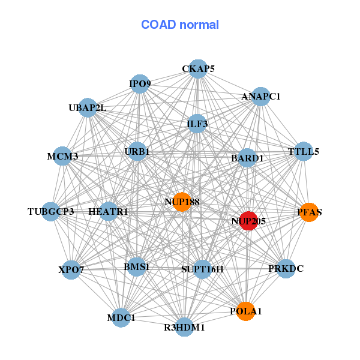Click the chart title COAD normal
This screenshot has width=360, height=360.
pos(180,25)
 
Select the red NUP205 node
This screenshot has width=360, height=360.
pos(248,220)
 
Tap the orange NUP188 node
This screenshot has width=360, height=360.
pos(182,202)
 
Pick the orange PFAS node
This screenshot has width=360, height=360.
pos(309,212)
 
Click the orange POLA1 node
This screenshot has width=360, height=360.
pos(245,311)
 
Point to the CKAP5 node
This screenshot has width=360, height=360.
pos(199,68)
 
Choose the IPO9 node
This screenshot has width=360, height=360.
pos(140,83)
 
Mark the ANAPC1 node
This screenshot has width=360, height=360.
pos(260,96)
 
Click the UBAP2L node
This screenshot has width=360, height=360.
pos(88,107)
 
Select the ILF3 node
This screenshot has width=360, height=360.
pos(197,124)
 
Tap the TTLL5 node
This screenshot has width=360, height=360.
pos(304,151)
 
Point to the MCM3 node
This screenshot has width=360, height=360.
pos(62,156)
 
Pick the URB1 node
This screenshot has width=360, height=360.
pos(137,151)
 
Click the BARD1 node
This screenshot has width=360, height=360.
pos(247,158)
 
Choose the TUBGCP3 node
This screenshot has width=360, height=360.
pos(51,211)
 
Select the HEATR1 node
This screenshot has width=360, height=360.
pos(108,211)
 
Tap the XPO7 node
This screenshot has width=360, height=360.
pos(71,269)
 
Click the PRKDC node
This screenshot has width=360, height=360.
pos(286,268)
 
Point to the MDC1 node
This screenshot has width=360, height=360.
pos(121,317)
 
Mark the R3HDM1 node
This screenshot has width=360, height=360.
pos(185,327)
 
